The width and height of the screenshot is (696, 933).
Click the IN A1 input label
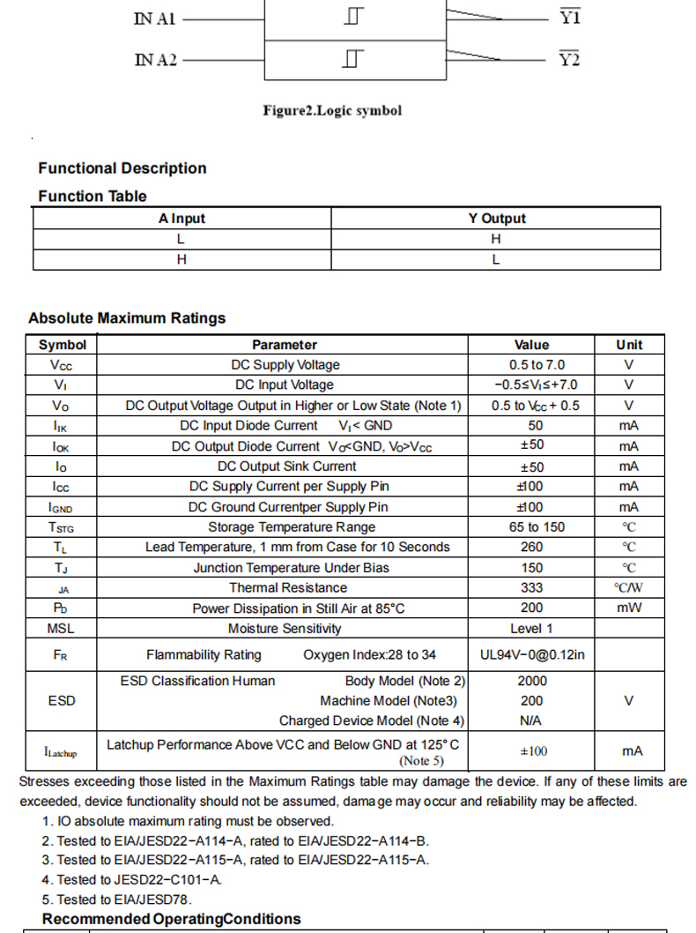154,19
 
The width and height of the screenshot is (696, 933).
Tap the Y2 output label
570,60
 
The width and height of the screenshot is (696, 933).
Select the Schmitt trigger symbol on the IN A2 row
354,60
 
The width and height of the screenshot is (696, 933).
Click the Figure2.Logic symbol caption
332,111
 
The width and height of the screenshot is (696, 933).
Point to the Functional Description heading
122,168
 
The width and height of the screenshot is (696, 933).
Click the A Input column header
181,219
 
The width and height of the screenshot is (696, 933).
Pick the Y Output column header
496,219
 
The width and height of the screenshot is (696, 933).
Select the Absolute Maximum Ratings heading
127,318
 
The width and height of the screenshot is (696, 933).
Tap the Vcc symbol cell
62,365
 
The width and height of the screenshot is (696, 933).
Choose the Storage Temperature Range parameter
291,527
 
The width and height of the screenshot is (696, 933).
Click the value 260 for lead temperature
531,548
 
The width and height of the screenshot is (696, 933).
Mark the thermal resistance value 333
531,588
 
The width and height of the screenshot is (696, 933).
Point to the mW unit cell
629,608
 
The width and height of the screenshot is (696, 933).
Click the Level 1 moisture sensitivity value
531,629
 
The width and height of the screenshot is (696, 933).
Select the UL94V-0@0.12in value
531,655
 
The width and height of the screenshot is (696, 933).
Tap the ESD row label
62,701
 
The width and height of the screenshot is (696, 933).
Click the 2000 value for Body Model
531,681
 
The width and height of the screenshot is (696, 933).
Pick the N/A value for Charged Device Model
531,721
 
